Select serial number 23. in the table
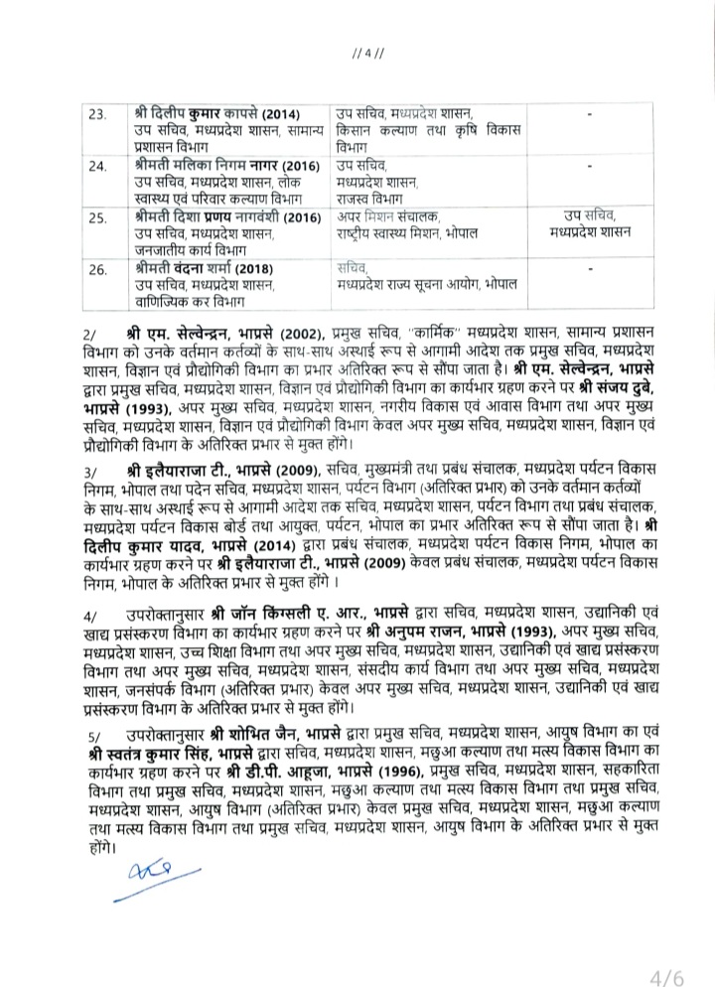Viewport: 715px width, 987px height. tap(97, 115)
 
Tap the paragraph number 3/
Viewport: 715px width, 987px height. tap(92, 468)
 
